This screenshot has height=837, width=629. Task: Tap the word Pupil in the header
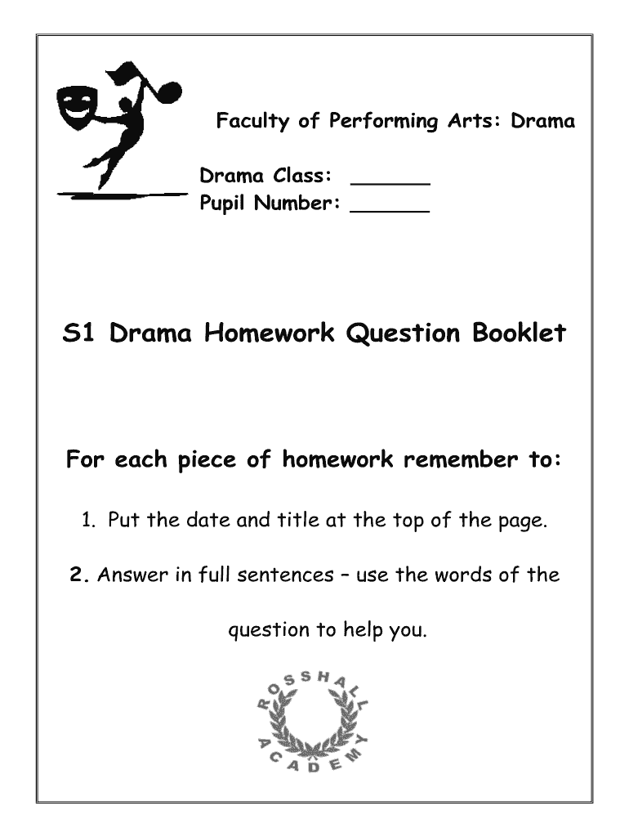[224, 204]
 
